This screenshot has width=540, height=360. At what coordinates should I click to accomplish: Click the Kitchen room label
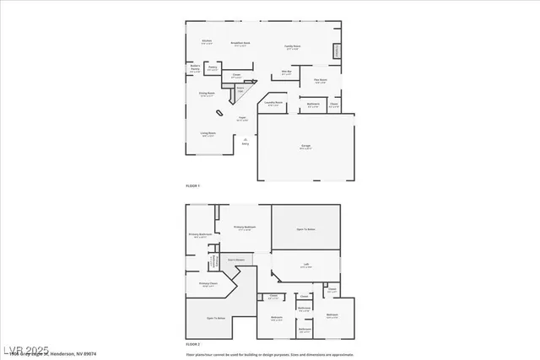tap(207, 41)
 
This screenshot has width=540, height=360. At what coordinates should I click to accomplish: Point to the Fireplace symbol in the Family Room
tap(338, 51)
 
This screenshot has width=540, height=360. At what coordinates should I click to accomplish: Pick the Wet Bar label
tap(287, 73)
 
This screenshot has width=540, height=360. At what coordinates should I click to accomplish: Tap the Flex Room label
tap(321, 81)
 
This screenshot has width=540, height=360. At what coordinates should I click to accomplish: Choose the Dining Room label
tap(205, 94)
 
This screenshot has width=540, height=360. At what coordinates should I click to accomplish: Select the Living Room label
tap(208, 133)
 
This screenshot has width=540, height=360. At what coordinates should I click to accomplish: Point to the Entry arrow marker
tap(246, 139)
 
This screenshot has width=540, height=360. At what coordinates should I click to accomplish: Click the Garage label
tap(306, 147)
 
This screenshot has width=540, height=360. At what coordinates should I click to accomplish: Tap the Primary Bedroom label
tap(245, 228)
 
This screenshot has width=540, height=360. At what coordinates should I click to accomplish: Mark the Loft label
tap(304, 266)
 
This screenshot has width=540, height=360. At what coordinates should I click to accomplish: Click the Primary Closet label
tap(208, 284)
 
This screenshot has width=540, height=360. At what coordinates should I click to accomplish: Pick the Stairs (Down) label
tap(235, 260)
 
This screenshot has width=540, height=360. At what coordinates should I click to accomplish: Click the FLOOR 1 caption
tap(192, 185)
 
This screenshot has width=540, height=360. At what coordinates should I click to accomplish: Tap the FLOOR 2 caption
tap(192, 344)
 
